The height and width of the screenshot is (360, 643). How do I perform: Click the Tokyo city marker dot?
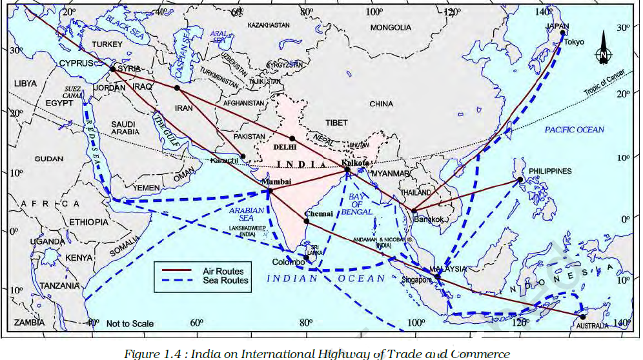coord(563,33)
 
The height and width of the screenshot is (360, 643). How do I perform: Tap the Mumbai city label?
coord(276,182)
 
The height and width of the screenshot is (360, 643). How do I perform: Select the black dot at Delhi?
coord(292,138)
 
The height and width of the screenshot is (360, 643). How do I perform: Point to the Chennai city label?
coord(319,214)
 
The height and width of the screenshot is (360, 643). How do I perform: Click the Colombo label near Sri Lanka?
coord(288,263)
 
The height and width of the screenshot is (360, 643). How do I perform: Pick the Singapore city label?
coord(416,280)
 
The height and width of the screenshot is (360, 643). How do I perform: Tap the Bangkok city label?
coord(429,219)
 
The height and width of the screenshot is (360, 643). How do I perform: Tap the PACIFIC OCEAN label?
coord(575,130)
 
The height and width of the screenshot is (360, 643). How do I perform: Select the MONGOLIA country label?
coord(391,28)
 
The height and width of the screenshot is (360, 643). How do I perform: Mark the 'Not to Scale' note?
coord(130,323)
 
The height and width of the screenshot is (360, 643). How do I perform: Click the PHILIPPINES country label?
coord(550,171)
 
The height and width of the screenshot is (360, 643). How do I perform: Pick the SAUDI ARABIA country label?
coord(123,128)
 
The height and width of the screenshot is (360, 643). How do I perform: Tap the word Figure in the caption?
coord(146,353)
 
